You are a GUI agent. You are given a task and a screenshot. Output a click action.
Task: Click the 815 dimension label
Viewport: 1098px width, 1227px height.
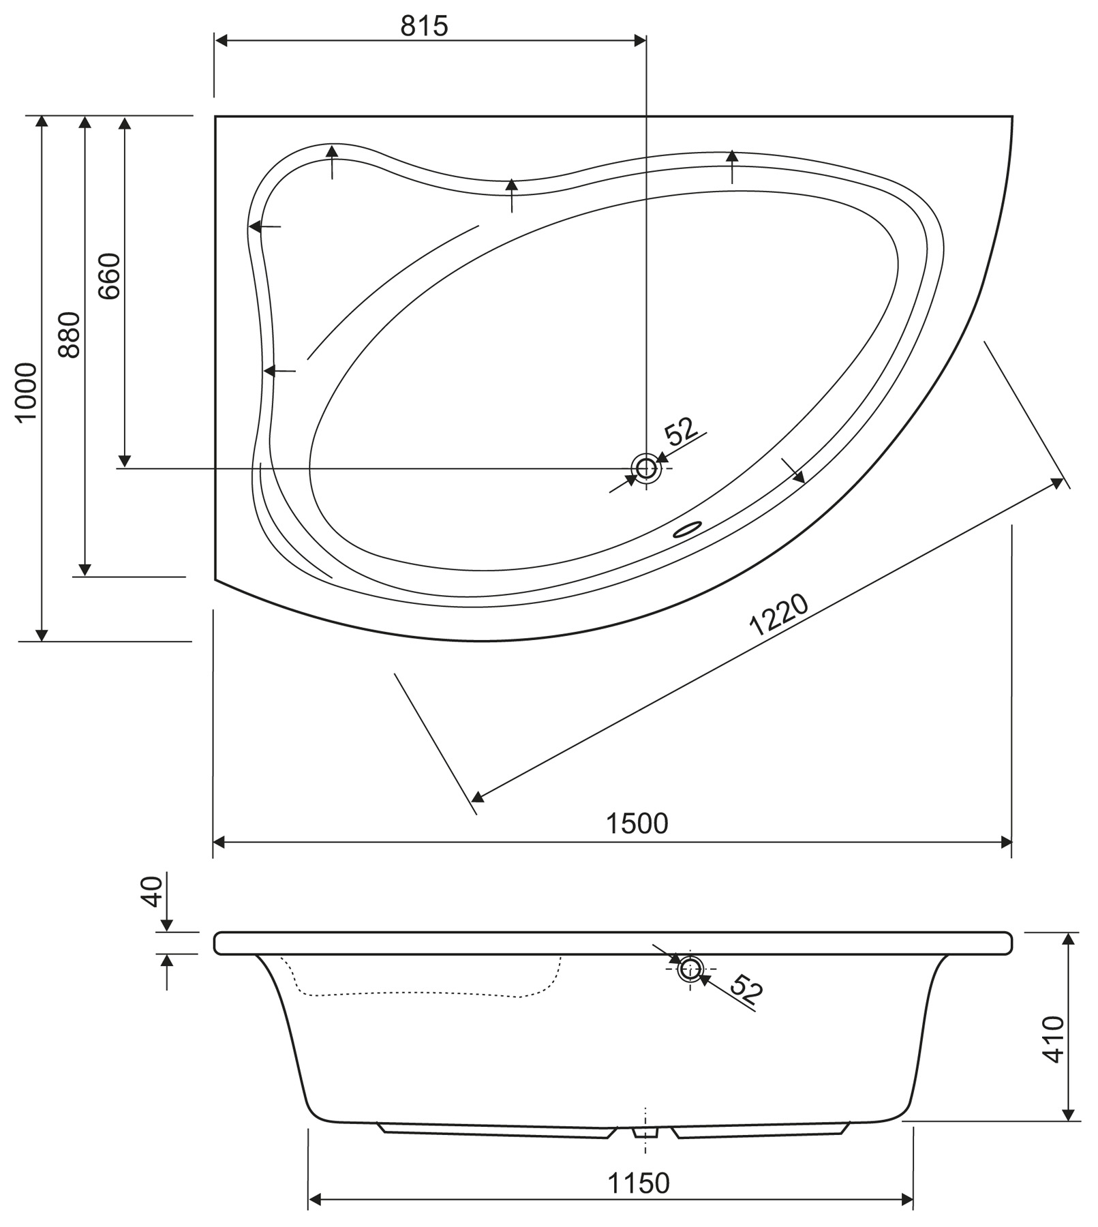(424, 26)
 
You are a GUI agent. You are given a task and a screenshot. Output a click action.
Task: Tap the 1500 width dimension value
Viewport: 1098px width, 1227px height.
(637, 823)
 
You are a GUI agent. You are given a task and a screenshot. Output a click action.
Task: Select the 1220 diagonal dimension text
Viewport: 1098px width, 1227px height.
(779, 614)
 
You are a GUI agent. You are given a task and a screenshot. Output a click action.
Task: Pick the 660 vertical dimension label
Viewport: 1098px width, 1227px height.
(109, 276)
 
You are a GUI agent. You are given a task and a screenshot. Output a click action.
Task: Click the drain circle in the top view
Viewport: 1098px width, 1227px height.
(645, 468)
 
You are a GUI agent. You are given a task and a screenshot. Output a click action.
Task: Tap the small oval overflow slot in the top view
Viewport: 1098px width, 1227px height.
(688, 530)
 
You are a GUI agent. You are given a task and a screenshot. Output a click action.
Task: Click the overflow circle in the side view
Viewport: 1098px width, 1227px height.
(690, 968)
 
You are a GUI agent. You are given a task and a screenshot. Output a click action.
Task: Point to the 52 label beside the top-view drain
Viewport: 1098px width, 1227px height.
(681, 431)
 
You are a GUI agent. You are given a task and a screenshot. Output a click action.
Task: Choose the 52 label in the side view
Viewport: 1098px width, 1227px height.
(746, 988)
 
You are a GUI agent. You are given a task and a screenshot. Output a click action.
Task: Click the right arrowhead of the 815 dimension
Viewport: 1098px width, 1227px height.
(640, 40)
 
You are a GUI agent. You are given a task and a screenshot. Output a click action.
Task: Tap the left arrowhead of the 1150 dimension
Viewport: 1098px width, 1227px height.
(314, 1200)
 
